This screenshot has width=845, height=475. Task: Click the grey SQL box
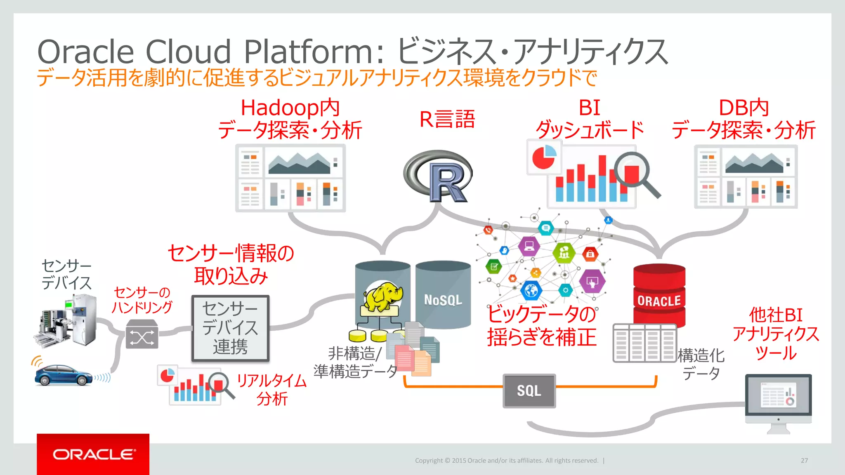tap(529, 391)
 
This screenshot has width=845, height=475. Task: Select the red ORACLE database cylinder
tap(659, 295)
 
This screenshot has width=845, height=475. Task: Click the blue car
tap(63, 375)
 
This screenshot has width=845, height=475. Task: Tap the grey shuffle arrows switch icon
tap(142, 334)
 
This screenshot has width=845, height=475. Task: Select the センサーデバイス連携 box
tap(230, 328)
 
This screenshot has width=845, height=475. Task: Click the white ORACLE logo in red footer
tap(94, 454)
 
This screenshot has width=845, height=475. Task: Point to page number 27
tap(804, 461)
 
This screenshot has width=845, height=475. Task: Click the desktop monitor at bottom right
tap(778, 400)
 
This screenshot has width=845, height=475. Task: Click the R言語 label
tap(447, 119)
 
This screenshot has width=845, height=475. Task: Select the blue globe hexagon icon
tap(531, 291)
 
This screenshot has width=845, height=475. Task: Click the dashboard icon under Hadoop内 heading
tap(290, 178)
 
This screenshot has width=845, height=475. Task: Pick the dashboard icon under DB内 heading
tap(746, 176)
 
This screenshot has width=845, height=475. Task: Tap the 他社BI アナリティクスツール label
tap(776, 334)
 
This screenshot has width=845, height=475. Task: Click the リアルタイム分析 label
tap(271, 390)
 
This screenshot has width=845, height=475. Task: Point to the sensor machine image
tap(66, 322)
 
